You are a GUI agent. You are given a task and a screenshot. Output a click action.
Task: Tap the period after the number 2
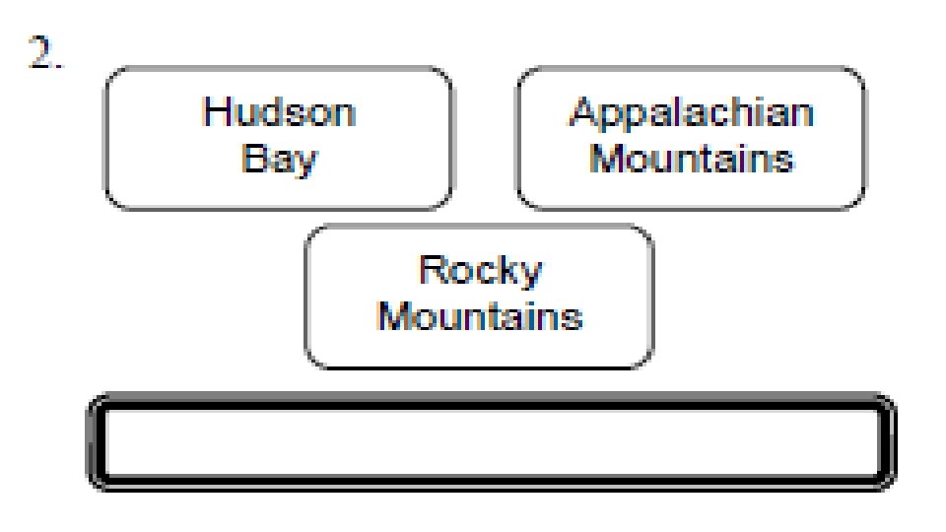[60, 67]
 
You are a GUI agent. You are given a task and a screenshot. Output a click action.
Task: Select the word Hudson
[279, 111]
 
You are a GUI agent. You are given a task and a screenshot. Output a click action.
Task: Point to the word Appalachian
[692, 111]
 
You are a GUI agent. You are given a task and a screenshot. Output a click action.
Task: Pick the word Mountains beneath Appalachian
[692, 158]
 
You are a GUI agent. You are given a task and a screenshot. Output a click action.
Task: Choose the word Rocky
[480, 270]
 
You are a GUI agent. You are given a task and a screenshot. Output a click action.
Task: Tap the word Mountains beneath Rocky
[480, 317]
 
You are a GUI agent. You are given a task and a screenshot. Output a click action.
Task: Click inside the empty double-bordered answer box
[491, 442]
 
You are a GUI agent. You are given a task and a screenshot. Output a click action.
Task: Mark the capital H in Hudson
[215, 111]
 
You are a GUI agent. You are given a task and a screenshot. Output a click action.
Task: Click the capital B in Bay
[252, 158]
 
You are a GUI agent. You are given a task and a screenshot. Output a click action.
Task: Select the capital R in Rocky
[431, 269]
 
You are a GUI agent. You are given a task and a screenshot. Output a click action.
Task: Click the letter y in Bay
[306, 163]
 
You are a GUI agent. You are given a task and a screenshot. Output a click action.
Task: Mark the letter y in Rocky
[530, 275]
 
